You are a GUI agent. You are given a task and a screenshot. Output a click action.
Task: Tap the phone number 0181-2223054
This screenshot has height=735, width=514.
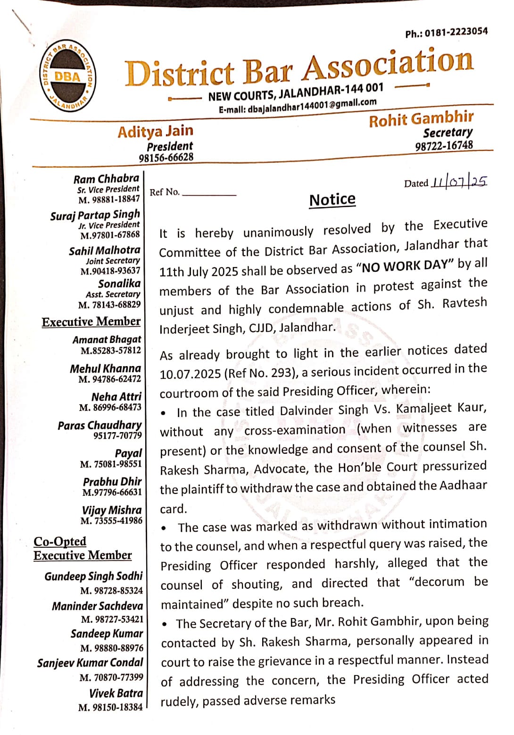[456, 32]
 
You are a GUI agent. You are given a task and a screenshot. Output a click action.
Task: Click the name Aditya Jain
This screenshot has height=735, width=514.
[155, 131]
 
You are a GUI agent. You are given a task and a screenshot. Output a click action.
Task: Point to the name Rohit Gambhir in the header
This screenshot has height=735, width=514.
[421, 118]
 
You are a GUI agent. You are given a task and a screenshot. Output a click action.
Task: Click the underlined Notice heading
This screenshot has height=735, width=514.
[332, 200]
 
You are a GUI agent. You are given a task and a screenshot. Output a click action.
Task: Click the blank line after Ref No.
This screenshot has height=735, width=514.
[209, 194]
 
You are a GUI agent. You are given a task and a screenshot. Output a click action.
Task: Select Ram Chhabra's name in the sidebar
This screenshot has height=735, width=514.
[106, 179]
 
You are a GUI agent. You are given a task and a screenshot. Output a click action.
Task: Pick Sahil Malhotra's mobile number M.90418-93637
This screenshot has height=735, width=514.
[110, 271]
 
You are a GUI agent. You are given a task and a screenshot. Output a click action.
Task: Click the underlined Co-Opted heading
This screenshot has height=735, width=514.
[60, 541]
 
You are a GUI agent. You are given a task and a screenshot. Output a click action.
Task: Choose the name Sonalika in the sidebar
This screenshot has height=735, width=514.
[119, 284]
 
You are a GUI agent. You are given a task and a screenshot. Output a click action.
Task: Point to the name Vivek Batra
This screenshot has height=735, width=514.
[116, 693]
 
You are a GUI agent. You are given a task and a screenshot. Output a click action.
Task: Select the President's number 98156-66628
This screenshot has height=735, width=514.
[166, 158]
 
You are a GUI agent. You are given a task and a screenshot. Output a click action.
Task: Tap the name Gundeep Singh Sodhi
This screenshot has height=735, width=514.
[93, 576]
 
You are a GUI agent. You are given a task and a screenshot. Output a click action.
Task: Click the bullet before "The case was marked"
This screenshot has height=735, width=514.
[164, 528]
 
